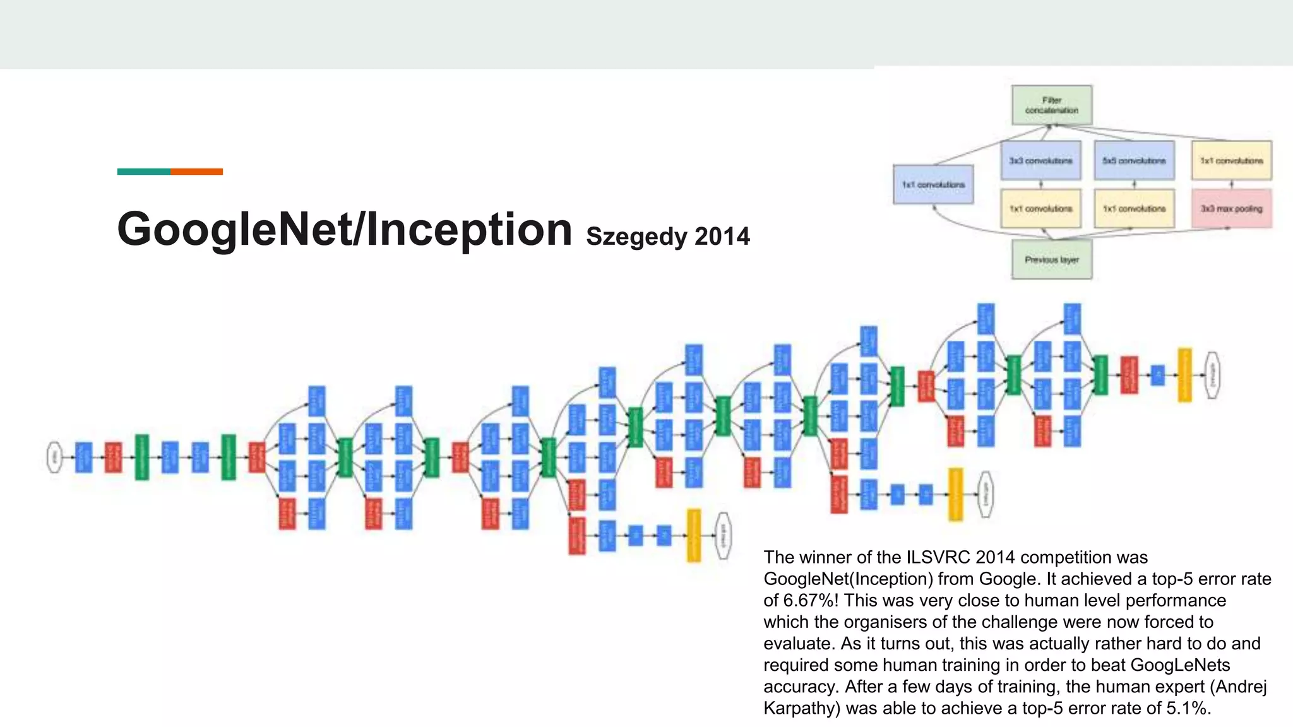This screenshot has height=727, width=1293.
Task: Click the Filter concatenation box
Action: click(x=1051, y=105)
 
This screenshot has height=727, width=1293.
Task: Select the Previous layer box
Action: click(x=1051, y=259)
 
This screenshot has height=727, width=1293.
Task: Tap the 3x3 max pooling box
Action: click(x=1231, y=208)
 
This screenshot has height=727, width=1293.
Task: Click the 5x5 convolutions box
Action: click(x=1134, y=160)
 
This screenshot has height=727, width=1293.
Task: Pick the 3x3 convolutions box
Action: click(x=1040, y=160)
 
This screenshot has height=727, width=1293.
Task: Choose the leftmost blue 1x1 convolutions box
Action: click(x=933, y=184)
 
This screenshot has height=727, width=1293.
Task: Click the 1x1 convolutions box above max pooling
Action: click(x=1231, y=160)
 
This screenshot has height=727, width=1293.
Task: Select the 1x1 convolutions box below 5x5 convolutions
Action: click(x=1134, y=208)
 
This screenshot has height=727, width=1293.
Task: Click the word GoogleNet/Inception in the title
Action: click(x=344, y=228)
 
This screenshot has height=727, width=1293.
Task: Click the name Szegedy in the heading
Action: click(x=636, y=237)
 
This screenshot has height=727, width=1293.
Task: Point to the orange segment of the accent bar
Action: click(x=196, y=172)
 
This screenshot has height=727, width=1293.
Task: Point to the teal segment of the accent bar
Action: click(x=143, y=172)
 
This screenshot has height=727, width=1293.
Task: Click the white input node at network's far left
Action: click(x=55, y=457)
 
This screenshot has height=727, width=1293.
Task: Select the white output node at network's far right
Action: click(x=1212, y=375)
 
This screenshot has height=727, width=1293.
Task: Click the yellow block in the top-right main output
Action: click(x=1185, y=375)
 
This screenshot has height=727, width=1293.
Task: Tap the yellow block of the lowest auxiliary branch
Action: click(x=693, y=535)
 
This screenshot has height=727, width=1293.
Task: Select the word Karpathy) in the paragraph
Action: click(x=801, y=708)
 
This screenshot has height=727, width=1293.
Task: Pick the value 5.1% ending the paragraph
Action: click(x=1187, y=708)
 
